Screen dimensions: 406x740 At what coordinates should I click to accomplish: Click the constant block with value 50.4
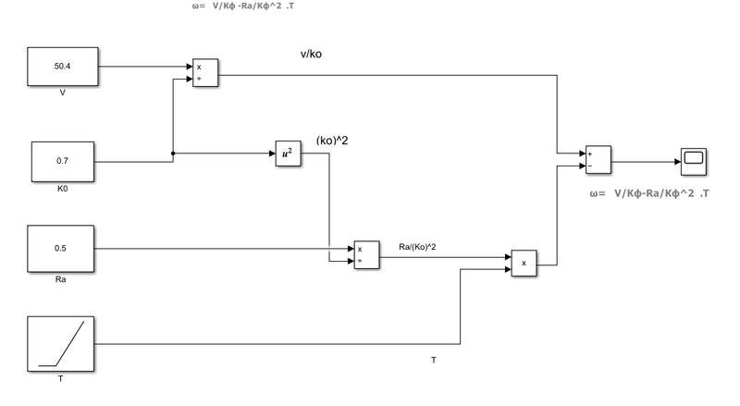[x=63, y=67]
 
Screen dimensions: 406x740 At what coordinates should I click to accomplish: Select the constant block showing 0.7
[x=63, y=161]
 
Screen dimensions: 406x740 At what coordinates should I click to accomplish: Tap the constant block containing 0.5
[x=63, y=249]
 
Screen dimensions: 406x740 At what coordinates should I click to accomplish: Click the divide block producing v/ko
[x=204, y=73]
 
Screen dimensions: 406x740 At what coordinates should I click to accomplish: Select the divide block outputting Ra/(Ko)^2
[x=366, y=255]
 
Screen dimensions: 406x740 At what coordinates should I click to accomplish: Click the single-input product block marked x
[x=524, y=264]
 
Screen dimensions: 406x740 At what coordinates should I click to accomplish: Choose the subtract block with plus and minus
[x=596, y=160]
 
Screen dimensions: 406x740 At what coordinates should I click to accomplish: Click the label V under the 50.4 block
[x=62, y=93]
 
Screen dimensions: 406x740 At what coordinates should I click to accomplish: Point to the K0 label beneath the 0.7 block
[x=62, y=189]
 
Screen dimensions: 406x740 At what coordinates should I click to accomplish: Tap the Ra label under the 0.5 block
[x=62, y=277]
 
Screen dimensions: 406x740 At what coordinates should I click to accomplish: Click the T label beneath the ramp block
[x=62, y=378]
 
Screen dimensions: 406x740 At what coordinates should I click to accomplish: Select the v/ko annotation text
[x=311, y=54]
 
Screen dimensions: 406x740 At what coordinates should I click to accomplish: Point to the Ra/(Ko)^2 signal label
[x=418, y=246]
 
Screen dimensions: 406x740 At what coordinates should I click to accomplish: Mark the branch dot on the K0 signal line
[x=174, y=154]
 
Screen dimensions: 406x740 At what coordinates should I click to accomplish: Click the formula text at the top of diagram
[x=247, y=6]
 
